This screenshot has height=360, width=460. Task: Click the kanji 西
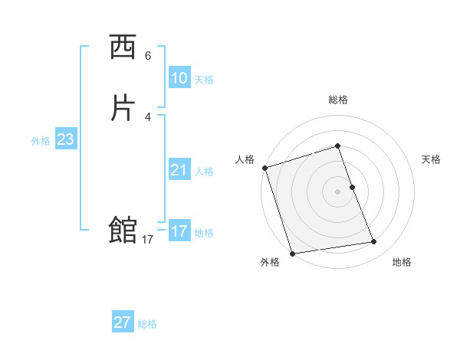click(123, 48)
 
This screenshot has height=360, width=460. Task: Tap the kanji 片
click(123, 108)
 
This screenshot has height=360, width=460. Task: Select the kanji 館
click(123, 230)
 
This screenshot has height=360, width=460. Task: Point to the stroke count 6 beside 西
click(148, 55)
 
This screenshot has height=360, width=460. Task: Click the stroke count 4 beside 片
click(148, 116)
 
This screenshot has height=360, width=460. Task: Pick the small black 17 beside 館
click(148, 240)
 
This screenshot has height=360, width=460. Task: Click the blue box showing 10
click(179, 78)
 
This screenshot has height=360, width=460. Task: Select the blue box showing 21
click(179, 170)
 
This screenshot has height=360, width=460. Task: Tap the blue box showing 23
click(65, 139)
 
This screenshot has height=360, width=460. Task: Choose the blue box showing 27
click(123, 322)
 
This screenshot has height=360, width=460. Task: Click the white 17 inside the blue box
click(179, 231)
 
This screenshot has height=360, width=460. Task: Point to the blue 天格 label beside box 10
click(204, 80)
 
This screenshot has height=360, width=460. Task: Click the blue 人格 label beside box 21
click(204, 172)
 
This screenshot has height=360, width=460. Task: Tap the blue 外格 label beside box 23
click(41, 141)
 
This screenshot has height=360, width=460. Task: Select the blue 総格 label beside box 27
click(147, 324)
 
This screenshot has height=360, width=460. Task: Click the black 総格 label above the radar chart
click(338, 100)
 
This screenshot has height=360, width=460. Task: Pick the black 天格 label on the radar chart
click(432, 159)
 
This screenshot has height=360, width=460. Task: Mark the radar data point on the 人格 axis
click(264, 168)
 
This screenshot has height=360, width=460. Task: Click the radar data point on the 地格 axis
click(374, 242)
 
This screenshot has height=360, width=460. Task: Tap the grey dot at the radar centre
click(338, 191)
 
